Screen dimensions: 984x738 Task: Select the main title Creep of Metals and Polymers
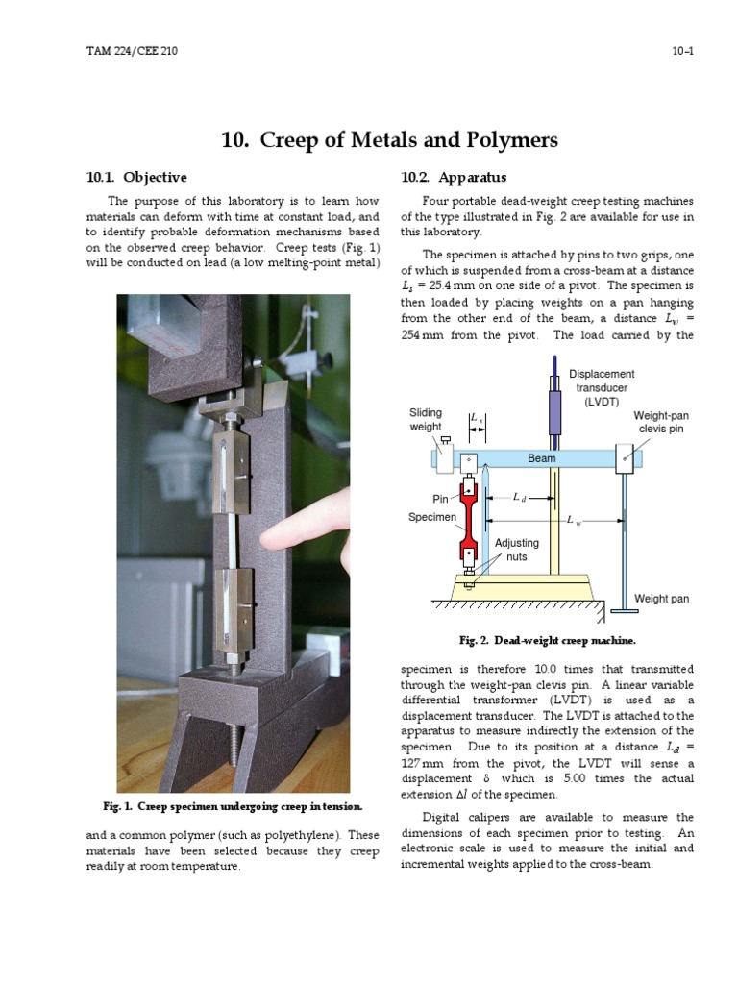pos(389,140)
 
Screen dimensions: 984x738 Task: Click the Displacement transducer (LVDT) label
pos(602,387)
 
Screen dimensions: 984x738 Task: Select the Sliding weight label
pos(426,420)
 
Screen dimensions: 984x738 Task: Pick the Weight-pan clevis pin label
pos(660,422)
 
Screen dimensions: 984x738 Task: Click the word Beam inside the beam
pos(542,459)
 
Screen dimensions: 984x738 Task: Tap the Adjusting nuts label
pos(516,550)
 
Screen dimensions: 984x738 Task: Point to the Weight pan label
pos(661,599)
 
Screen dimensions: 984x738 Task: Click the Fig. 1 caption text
pos(234,805)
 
